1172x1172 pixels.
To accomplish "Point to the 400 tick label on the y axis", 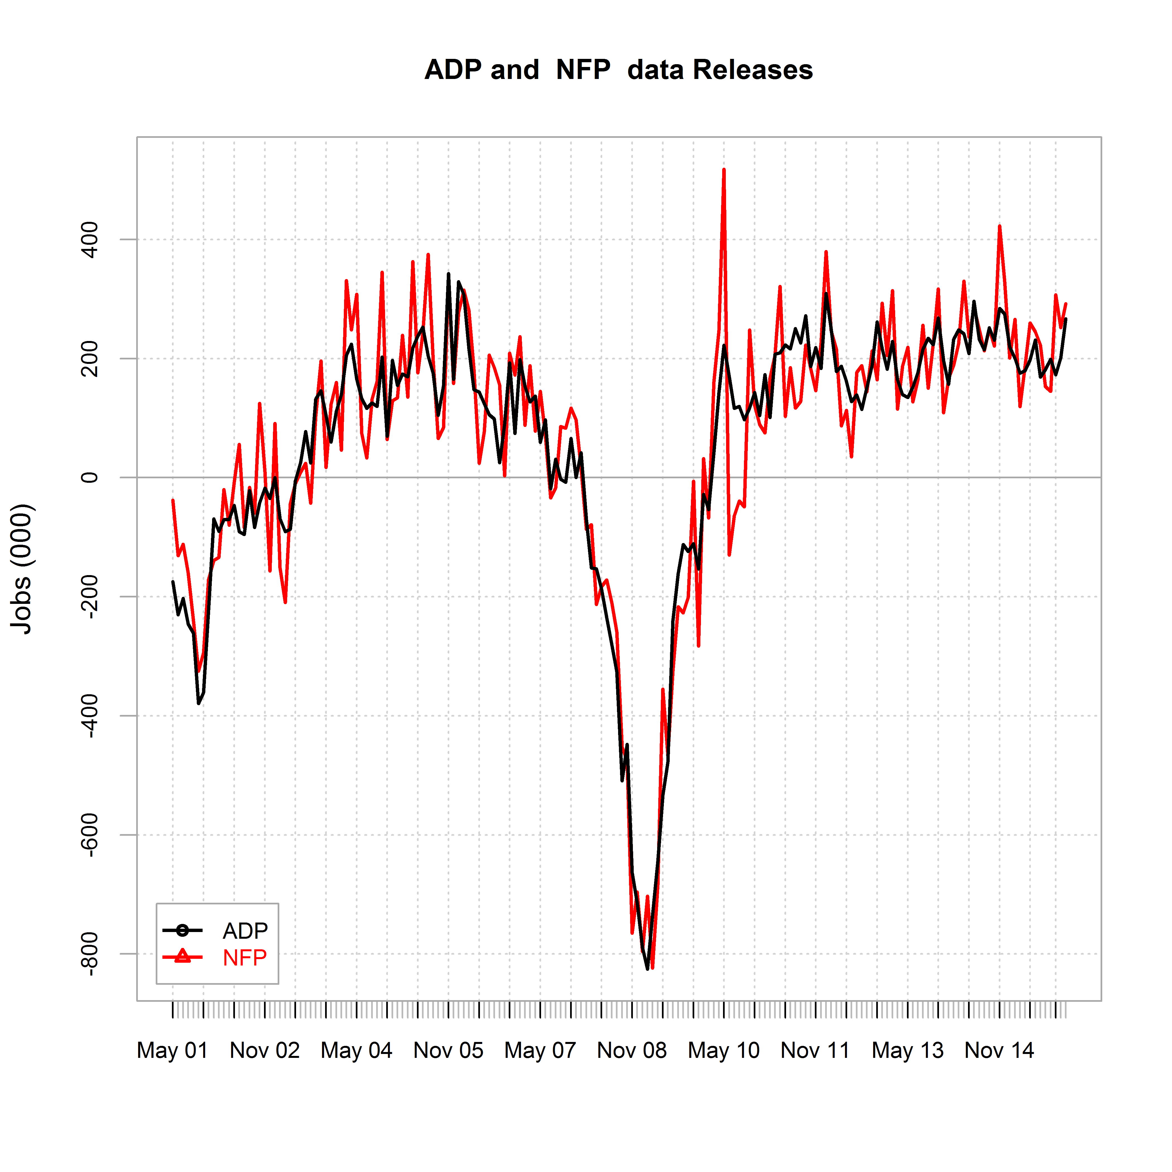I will coord(90,240).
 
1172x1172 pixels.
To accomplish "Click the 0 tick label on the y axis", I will coord(90,477).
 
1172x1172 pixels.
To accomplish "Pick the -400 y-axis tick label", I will coord(90,716).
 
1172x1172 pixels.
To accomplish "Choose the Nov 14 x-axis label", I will coord(999,1050).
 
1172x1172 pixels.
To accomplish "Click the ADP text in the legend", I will coord(245,931).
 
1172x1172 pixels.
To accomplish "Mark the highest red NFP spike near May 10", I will coord(724,170).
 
